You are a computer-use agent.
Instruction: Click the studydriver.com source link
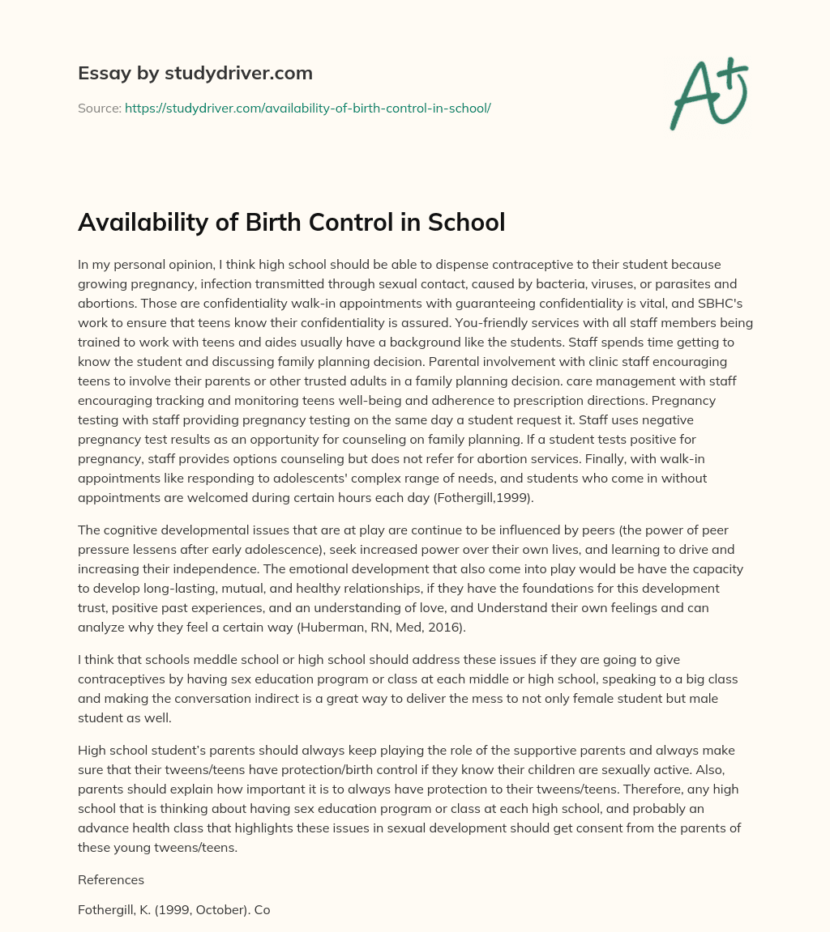[x=307, y=107]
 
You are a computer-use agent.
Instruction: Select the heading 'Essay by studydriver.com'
[x=195, y=73]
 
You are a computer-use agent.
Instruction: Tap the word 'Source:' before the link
[x=99, y=107]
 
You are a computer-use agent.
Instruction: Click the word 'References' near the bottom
[x=110, y=879]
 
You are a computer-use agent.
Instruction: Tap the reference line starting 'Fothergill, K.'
[x=173, y=909]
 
